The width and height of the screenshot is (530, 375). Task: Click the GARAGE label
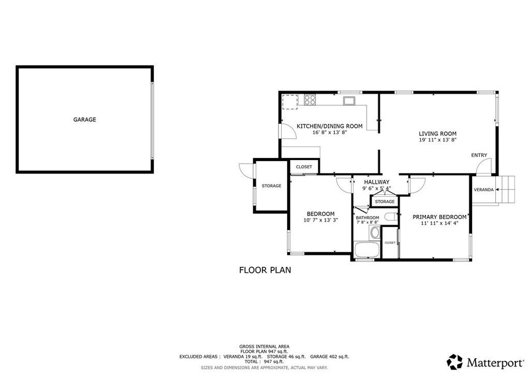coord(84,119)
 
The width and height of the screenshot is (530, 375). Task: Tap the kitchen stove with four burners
coord(310,100)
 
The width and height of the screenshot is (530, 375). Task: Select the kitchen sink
coord(348,100)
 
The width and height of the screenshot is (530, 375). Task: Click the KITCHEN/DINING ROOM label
coord(330,126)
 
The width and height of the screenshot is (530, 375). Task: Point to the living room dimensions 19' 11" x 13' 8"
coord(438,140)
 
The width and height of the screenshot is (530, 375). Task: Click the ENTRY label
coord(479,155)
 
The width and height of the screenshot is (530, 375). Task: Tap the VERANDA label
coord(484,190)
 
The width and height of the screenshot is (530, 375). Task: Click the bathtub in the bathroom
coord(366,250)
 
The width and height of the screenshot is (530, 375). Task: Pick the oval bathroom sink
coord(375,233)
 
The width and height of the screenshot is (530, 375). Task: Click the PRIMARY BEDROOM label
coord(439,217)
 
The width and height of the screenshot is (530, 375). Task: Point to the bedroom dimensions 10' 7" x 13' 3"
coord(321,220)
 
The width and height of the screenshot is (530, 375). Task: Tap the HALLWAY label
coord(377,182)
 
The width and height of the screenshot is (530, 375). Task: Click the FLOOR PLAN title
coord(265,270)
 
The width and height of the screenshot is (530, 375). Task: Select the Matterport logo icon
coord(454,362)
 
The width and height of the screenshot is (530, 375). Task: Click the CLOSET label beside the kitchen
coord(304,167)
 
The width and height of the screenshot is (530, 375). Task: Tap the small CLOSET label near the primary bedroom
coord(390,243)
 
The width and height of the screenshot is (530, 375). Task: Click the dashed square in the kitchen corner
coord(290,102)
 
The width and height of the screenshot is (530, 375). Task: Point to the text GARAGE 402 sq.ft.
coord(330,356)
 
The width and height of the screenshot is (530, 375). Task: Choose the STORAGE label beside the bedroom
coord(271,185)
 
